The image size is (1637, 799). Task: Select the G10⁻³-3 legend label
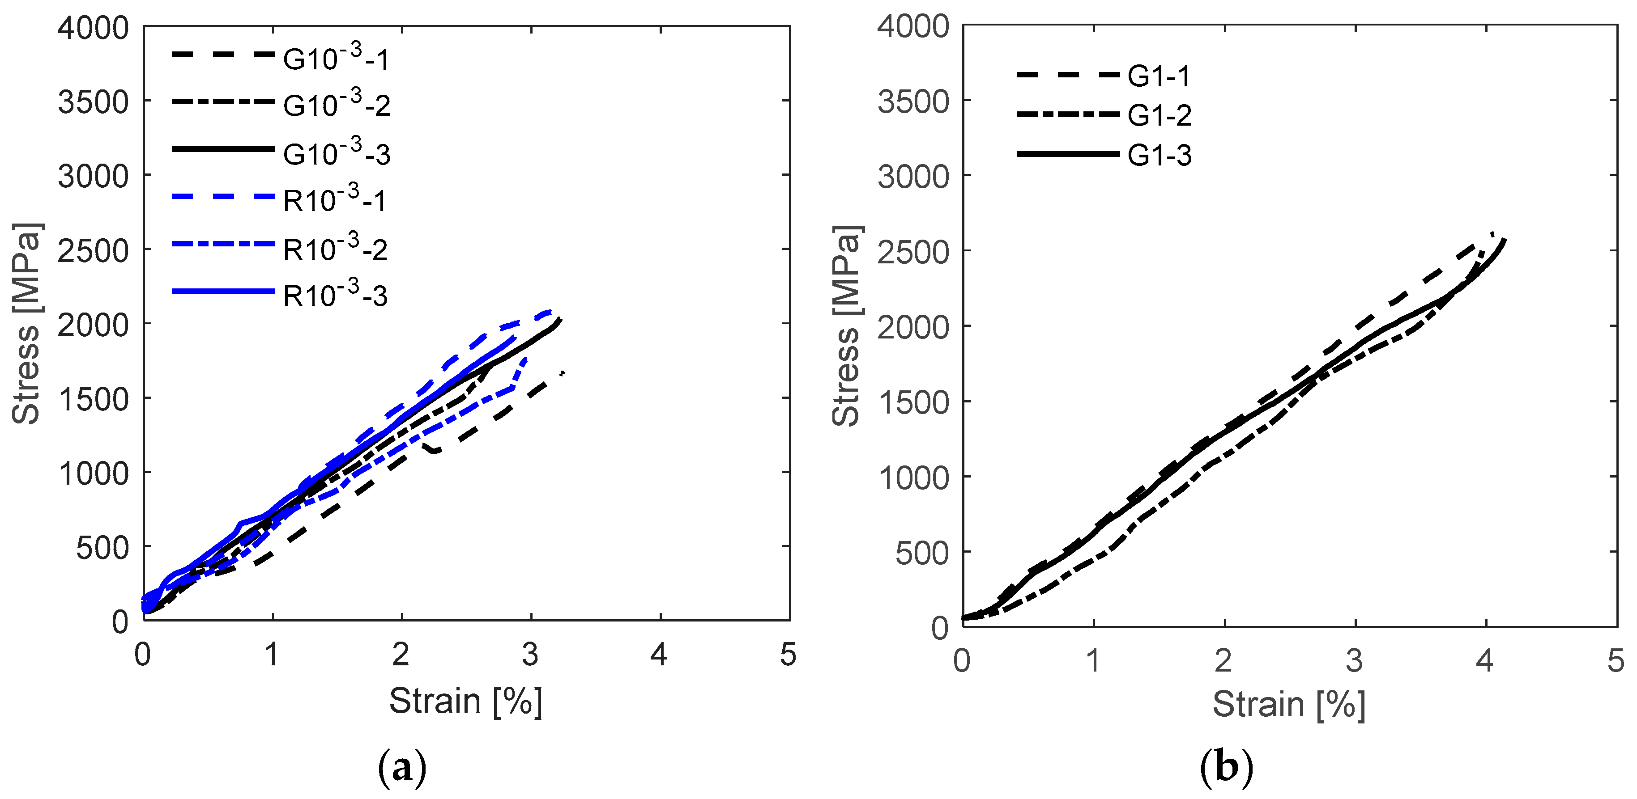[336, 153]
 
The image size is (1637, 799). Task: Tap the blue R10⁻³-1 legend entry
[334, 200]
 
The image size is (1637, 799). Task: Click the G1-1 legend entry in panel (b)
[1159, 76]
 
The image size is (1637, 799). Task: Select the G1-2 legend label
[1159, 116]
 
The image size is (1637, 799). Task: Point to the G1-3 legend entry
[1159, 156]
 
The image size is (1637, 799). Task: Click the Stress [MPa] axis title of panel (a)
[27, 323]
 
